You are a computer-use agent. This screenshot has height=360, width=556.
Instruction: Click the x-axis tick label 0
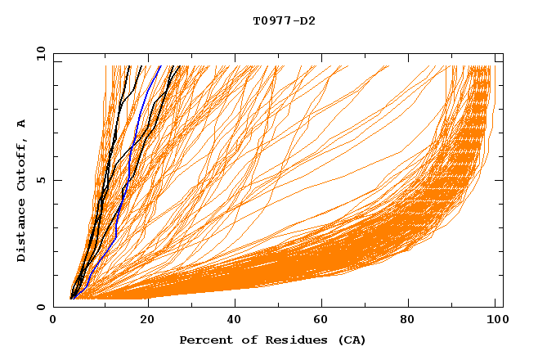pyautogui.click(x=53, y=322)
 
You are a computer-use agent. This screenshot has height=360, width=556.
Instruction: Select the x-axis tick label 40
pyautogui.click(x=235, y=322)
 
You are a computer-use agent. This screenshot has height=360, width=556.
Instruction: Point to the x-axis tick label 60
pyautogui.click(x=324, y=322)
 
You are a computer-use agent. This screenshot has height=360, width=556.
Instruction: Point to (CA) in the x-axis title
pyautogui.click(x=349, y=340)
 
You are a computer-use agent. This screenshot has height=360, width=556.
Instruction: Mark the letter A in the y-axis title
pyautogui.click(x=22, y=123)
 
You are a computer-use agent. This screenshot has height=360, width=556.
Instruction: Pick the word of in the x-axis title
pyautogui.click(x=242, y=340)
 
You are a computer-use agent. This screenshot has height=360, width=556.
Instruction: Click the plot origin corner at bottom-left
pyautogui.click(x=53, y=307)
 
